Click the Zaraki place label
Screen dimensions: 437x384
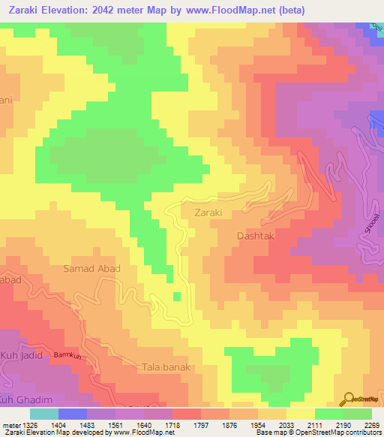point(209,212)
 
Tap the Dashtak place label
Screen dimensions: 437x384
point(257,235)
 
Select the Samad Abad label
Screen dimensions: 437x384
point(92,269)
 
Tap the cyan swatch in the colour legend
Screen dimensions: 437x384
point(44,413)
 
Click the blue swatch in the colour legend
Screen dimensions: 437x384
point(73,413)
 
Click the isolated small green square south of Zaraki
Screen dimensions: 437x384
point(177,297)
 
